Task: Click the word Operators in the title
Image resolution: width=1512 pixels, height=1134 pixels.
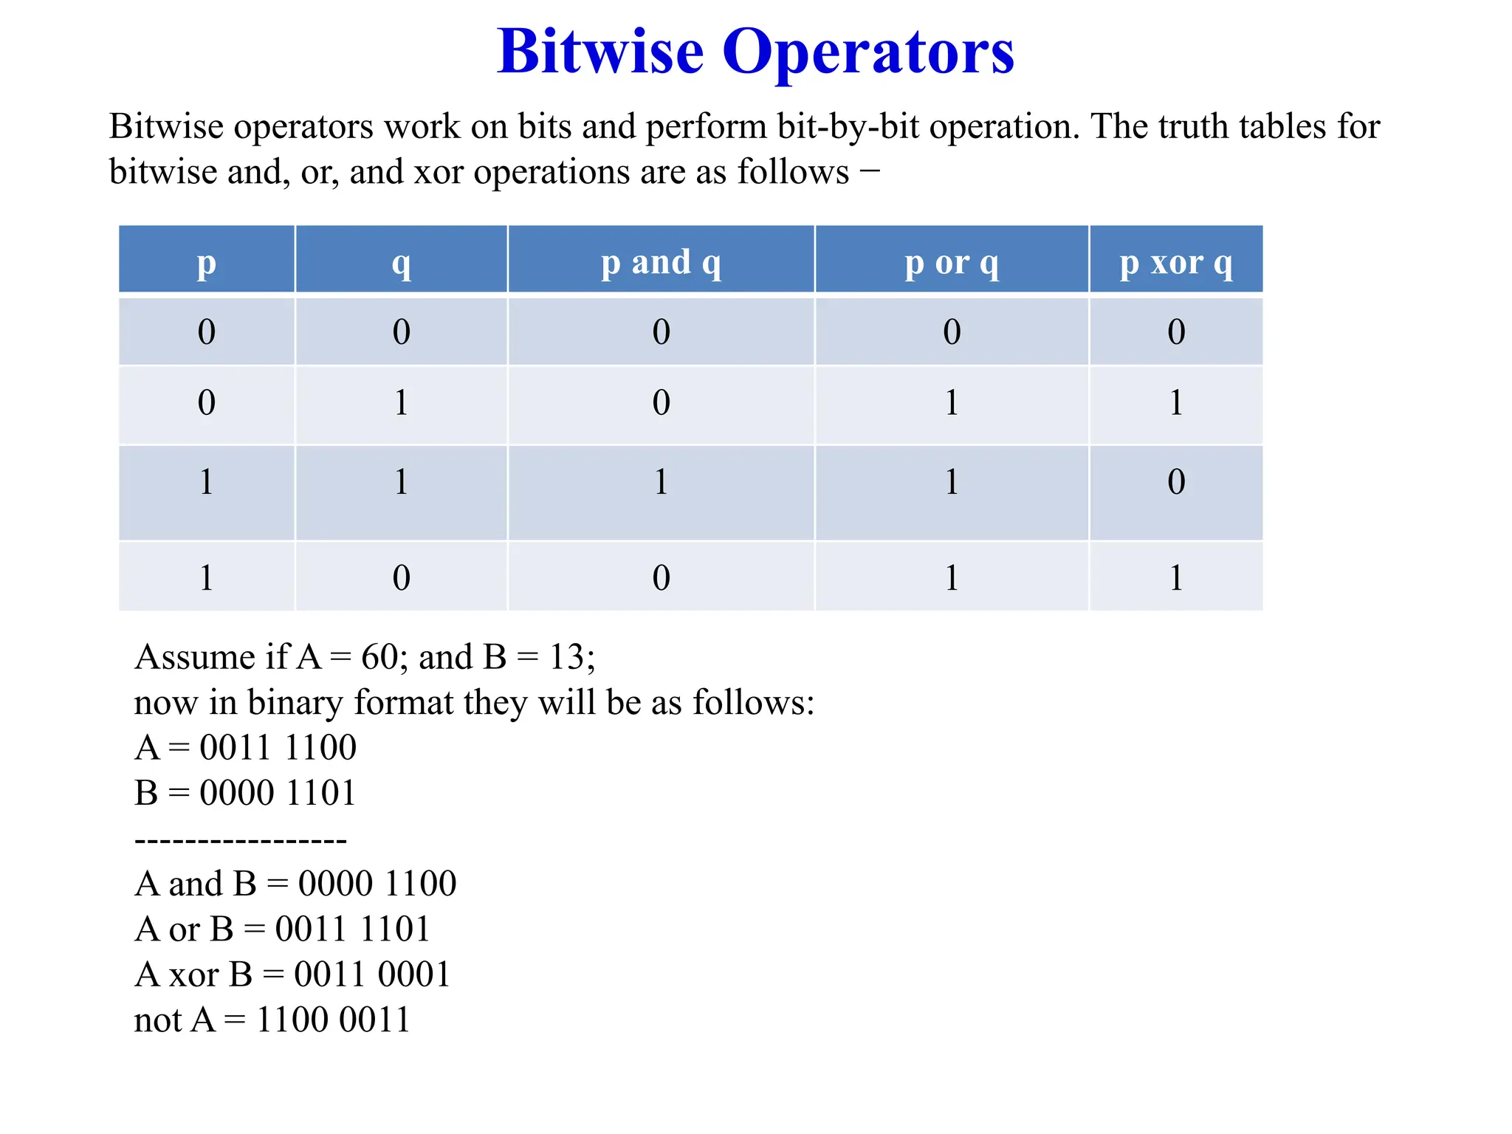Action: coord(868,53)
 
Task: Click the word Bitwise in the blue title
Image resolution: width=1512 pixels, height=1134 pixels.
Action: coord(600,53)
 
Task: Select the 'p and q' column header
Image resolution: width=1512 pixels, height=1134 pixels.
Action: coord(661,262)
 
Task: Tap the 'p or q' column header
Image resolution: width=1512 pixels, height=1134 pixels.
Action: coord(952,262)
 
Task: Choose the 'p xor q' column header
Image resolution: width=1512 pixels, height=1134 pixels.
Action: coord(1176,262)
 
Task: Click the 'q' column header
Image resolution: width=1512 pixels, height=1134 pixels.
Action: coord(401,262)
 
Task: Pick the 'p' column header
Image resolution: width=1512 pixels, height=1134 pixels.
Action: coord(207,262)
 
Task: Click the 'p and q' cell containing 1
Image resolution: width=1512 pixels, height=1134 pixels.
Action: coord(661,482)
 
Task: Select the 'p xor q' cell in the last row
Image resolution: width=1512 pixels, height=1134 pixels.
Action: coord(1176,577)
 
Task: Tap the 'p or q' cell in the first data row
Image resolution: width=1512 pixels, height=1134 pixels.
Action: coord(952,331)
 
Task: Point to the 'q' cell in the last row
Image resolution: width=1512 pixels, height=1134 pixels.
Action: coord(401,577)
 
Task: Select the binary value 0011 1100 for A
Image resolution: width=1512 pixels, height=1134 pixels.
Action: coord(278,748)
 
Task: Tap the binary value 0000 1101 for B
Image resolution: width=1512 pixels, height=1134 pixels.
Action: coord(278,793)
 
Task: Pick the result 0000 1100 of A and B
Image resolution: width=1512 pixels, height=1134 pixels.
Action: coord(377,884)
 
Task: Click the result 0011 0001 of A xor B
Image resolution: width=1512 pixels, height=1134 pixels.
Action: coord(372,975)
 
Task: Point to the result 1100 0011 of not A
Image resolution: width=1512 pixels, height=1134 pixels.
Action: coord(333,1020)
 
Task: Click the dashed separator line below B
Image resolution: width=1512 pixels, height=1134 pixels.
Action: coord(241,840)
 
